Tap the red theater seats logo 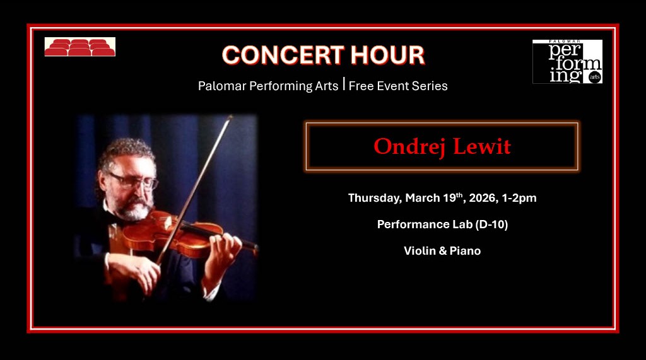click(79, 47)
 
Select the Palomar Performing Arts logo click(567, 62)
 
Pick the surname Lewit click(481, 147)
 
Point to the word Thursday click(375, 198)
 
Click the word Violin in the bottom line click(419, 251)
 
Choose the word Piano click(465, 251)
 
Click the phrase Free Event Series click(398, 86)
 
